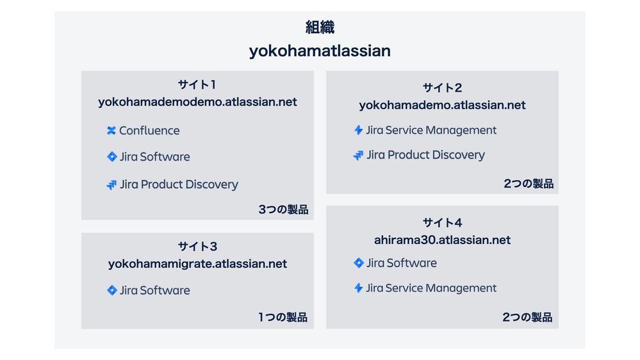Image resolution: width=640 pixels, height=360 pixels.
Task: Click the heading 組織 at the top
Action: point(320,28)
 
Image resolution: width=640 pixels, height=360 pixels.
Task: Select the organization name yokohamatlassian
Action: point(320,51)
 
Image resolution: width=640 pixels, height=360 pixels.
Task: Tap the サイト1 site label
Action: point(197,85)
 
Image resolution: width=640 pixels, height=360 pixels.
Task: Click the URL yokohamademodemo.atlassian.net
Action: point(197,102)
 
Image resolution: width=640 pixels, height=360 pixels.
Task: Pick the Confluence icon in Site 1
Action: point(111,131)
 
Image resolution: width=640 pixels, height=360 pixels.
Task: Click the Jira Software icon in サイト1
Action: point(112,157)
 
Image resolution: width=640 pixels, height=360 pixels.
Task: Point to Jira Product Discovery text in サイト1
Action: point(179,184)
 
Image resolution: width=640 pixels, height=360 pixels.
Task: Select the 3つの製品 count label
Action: point(283,209)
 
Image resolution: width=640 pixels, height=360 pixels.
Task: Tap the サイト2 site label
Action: point(442,88)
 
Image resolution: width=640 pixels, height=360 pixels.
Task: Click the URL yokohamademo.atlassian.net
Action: point(442,105)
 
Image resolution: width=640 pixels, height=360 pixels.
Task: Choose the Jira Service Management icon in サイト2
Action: point(359,131)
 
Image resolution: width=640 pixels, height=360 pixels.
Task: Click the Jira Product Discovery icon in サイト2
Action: point(359,155)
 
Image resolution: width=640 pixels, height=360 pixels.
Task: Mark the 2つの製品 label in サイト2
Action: point(528,184)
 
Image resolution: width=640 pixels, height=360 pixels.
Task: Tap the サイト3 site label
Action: point(197,247)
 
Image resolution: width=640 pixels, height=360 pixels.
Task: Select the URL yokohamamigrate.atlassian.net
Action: point(197,264)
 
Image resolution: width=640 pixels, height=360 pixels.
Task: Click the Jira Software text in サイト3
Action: point(154,290)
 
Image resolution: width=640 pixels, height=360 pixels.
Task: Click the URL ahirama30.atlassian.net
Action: point(442,240)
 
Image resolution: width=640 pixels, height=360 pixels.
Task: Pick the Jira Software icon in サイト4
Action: point(359,263)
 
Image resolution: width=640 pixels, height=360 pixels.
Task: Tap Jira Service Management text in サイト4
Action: point(431,288)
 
